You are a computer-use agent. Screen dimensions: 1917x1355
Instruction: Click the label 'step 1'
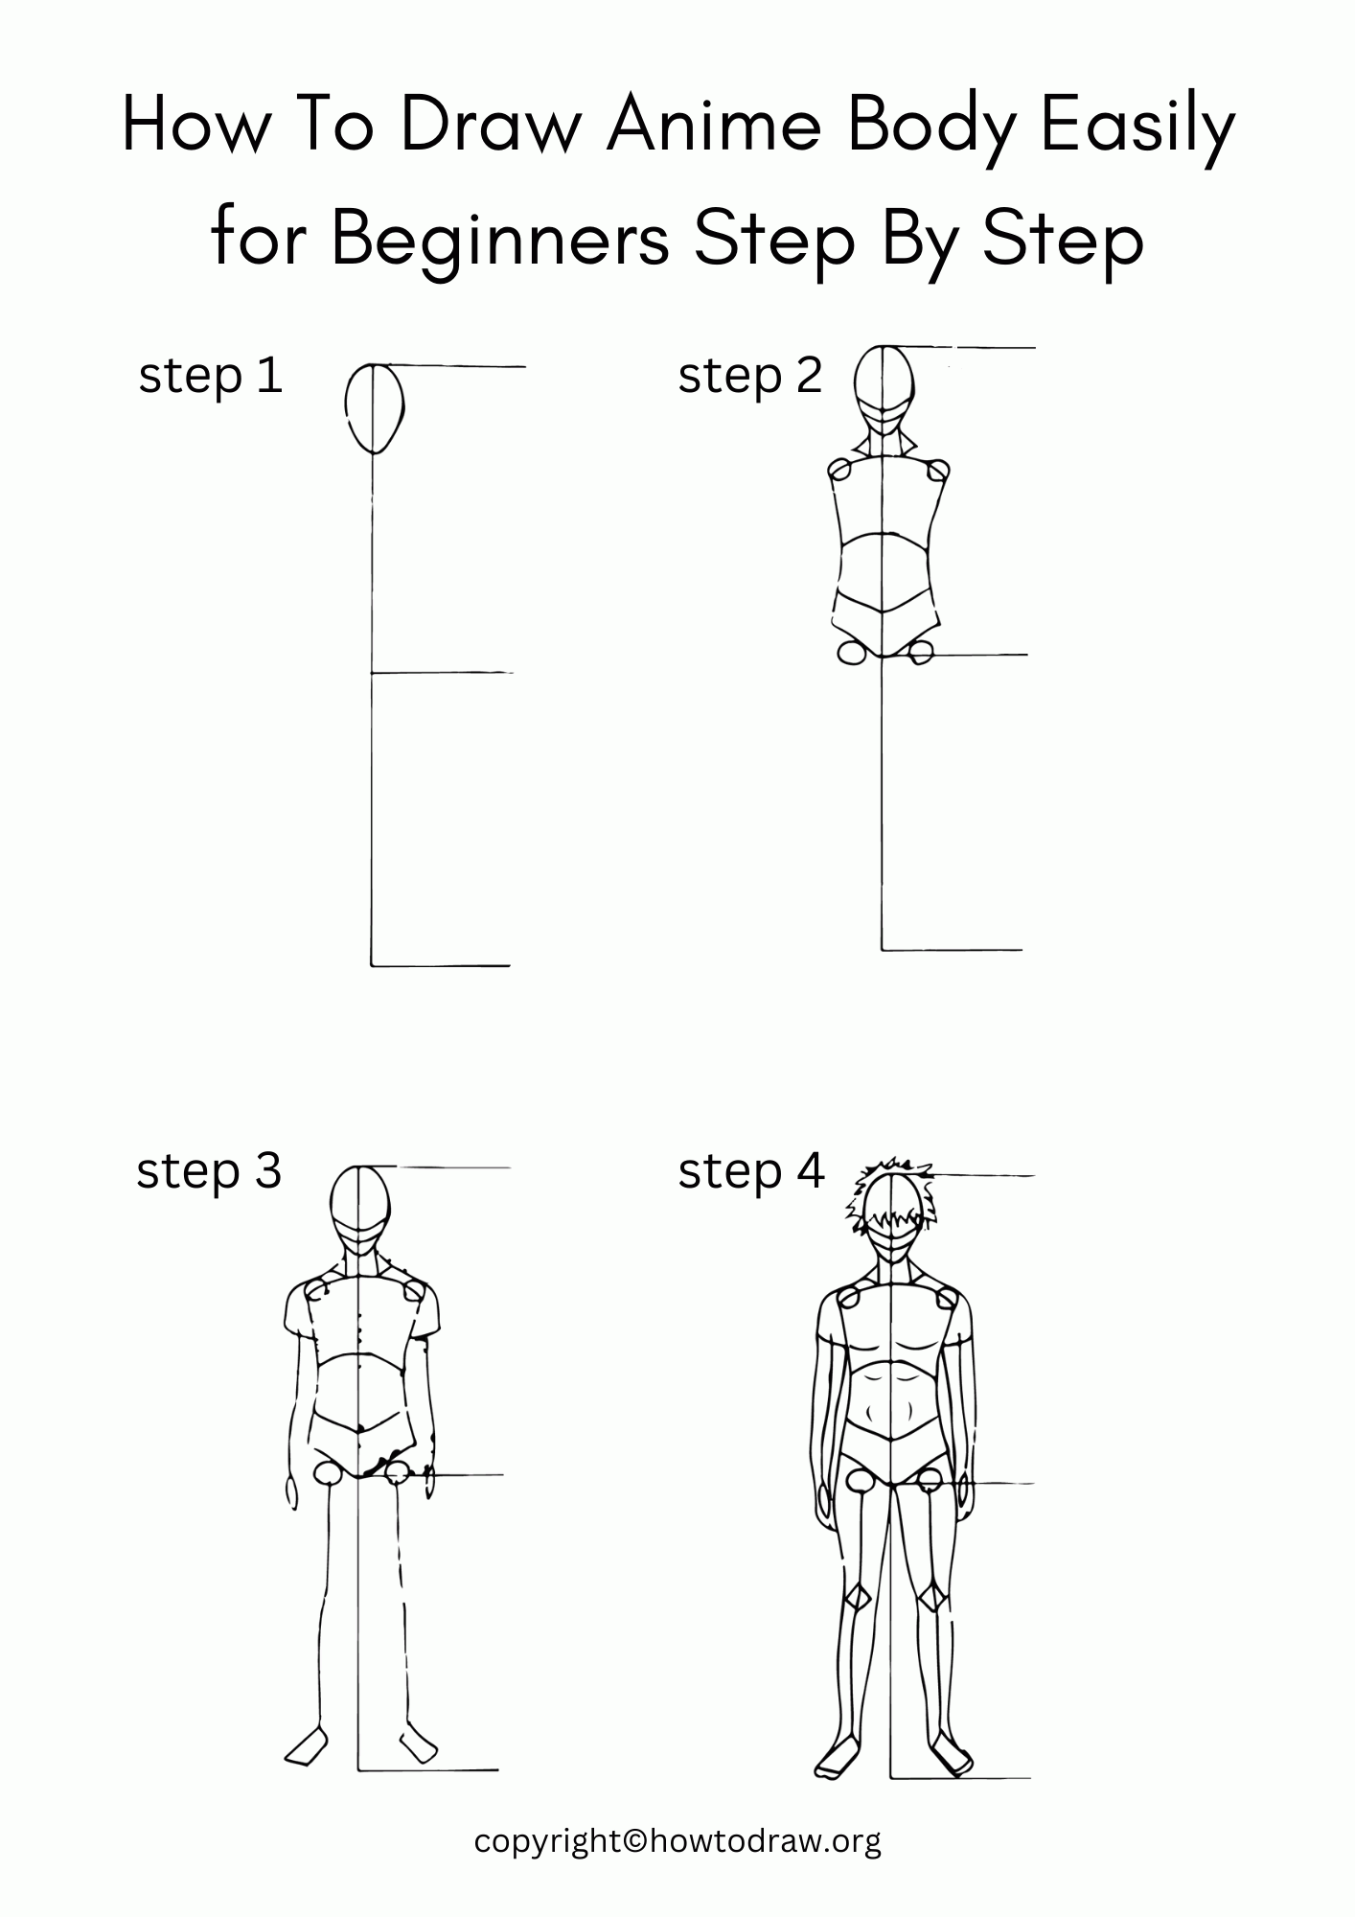(x=211, y=376)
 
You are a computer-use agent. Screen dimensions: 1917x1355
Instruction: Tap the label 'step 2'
(x=750, y=376)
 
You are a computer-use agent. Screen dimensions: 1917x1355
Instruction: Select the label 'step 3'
(x=209, y=1171)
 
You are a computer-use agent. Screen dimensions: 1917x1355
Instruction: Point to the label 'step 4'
(x=751, y=1171)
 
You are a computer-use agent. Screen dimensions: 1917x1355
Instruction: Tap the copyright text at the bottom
(x=677, y=1841)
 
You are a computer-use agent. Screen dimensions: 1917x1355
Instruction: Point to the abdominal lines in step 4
(x=891, y=1404)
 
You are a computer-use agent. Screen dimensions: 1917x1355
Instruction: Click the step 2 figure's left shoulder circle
(x=839, y=471)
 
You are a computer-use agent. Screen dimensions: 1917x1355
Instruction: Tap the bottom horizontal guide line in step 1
(x=441, y=965)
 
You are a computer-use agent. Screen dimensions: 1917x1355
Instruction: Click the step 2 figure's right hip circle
(x=921, y=653)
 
